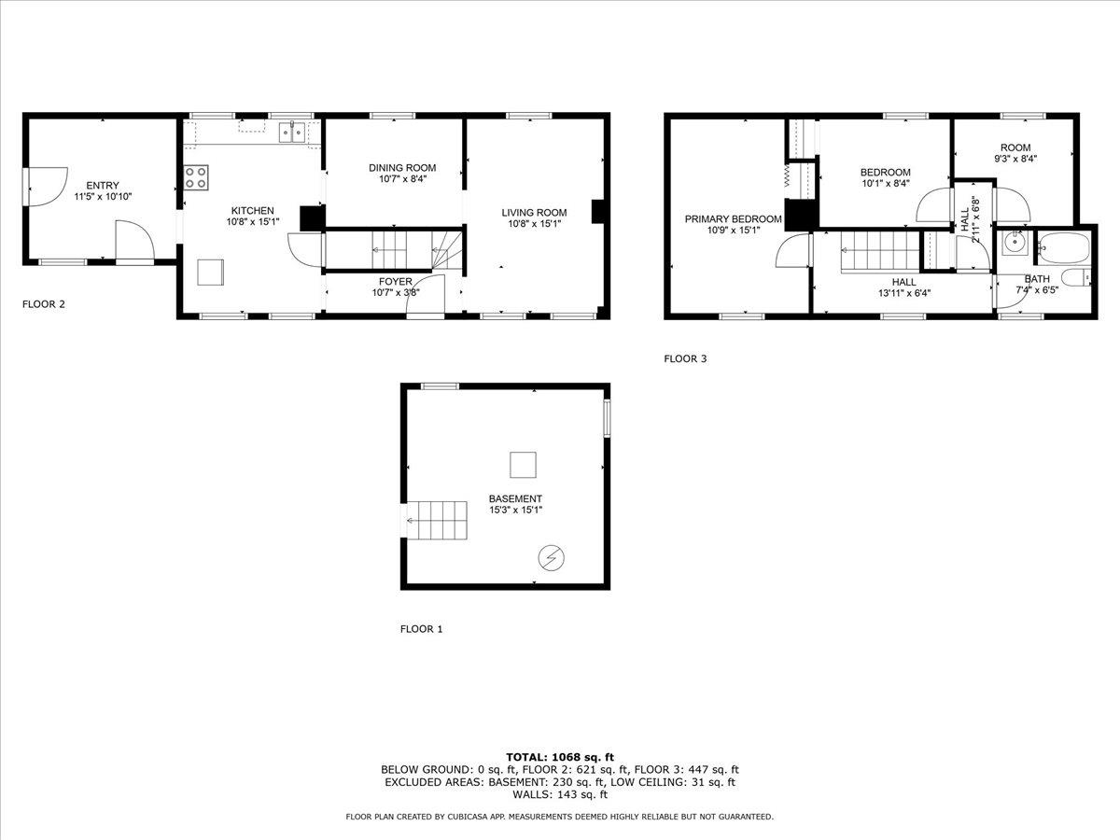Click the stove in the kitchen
tap(196, 177)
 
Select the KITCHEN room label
tap(252, 211)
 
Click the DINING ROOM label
tap(401, 168)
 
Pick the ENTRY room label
tap(103, 185)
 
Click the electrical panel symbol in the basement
tap(551, 558)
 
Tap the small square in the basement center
tap(523, 465)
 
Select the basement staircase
tap(437, 520)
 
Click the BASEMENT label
tap(515, 498)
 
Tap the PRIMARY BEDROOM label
tap(733, 219)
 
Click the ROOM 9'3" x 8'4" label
tap(1015, 147)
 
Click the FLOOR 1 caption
tap(422, 629)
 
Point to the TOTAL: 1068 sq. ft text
tap(559, 757)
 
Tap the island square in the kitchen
tap(211, 271)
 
